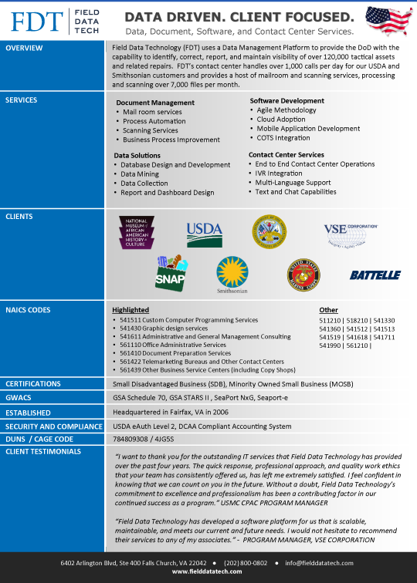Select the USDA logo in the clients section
[204, 231]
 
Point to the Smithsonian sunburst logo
[232, 274]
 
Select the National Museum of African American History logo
[141, 232]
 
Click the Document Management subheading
[155, 103]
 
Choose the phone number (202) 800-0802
[245, 563]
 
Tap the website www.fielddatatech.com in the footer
[208, 572]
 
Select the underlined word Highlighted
[131, 310]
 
